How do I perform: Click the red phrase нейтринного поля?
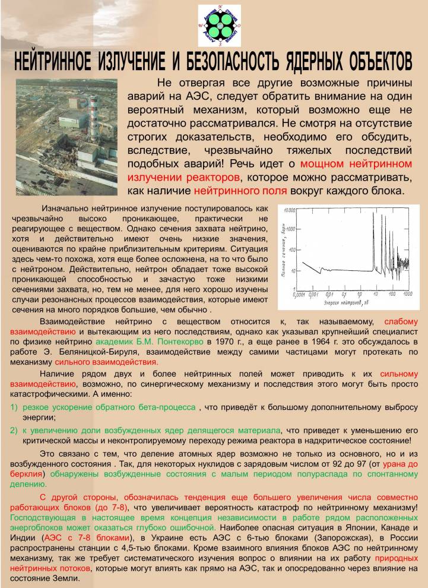[240, 191]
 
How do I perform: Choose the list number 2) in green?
[14, 431]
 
